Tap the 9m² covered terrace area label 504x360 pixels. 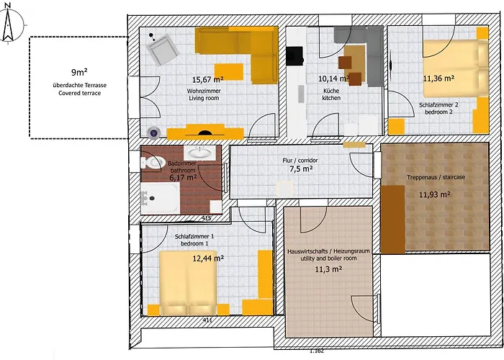[x=79, y=73]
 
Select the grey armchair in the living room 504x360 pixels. [x=162, y=50]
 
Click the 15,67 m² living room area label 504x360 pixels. [x=207, y=79]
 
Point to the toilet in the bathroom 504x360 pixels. [x=153, y=163]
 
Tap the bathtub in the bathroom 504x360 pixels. [x=160, y=198]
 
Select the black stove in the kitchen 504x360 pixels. [x=294, y=56]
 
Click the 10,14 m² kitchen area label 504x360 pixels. [x=333, y=78]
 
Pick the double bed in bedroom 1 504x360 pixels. [x=189, y=283]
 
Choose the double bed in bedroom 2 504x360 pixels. [x=456, y=68]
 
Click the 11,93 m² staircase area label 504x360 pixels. [x=434, y=194]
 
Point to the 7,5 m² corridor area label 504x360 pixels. [x=302, y=168]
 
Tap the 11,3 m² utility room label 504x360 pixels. [x=328, y=269]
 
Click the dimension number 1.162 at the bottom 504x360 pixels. [x=317, y=351]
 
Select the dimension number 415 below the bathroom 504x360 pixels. [x=207, y=218]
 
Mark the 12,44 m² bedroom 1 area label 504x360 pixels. [x=208, y=258]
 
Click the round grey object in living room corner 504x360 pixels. [x=153, y=132]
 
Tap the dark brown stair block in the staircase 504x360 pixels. [x=393, y=220]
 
